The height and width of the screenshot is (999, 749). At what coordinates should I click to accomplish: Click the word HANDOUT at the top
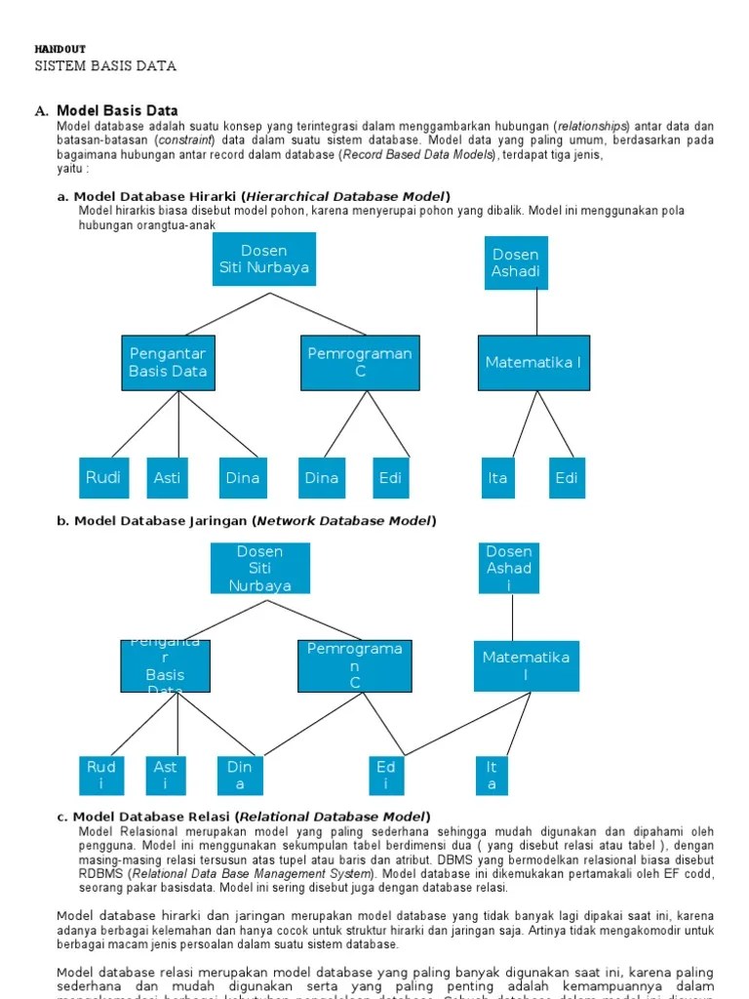click(60, 49)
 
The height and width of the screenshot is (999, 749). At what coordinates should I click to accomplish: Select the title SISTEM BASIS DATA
click(105, 66)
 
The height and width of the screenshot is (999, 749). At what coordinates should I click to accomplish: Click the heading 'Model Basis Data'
click(117, 110)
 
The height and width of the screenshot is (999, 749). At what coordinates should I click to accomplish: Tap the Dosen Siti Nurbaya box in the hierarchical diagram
click(263, 259)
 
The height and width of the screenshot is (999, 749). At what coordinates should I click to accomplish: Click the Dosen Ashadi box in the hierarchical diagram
click(516, 262)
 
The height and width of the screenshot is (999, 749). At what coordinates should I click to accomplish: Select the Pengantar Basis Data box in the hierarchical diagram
click(168, 362)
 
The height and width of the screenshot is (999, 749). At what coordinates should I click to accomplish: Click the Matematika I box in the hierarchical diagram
click(533, 362)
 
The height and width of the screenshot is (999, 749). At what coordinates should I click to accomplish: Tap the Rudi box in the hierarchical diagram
click(103, 477)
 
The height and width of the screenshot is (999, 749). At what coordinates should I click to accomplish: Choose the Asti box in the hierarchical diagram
click(167, 477)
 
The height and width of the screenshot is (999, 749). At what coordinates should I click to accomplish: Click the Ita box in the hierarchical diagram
click(497, 477)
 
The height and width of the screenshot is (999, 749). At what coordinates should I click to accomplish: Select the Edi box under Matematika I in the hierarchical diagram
click(566, 477)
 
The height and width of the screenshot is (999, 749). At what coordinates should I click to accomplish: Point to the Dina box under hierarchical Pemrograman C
click(322, 477)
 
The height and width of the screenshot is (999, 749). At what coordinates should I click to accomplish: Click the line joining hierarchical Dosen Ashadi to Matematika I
click(536, 312)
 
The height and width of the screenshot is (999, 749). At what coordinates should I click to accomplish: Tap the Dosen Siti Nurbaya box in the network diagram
click(259, 568)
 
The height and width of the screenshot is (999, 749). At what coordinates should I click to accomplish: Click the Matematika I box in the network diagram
click(526, 665)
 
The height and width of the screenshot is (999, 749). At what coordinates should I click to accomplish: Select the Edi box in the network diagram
click(386, 776)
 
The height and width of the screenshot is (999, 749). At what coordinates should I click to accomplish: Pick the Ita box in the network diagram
click(492, 776)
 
